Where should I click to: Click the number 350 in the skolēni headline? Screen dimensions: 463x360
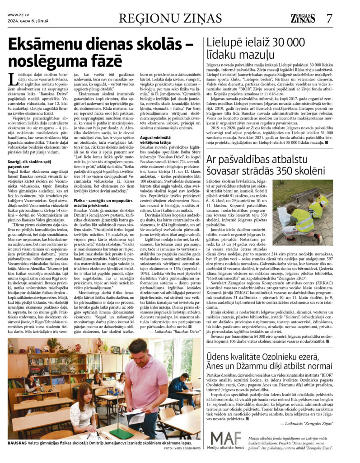pos(278,171)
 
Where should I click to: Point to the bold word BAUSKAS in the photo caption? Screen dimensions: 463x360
pos(18,443)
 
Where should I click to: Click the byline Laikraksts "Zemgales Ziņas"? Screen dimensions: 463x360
pos(306,423)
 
